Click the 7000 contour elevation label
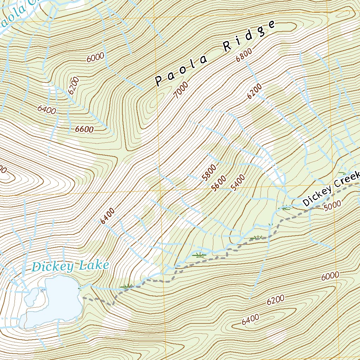tap(181, 89)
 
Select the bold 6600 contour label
tap(84, 129)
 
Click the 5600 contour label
tap(219, 183)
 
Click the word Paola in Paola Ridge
tap(181, 70)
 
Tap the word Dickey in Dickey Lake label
tap(53, 266)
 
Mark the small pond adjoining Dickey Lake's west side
tap(32, 297)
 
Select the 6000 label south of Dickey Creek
tap(330, 276)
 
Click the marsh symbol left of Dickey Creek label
tap(285, 208)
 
